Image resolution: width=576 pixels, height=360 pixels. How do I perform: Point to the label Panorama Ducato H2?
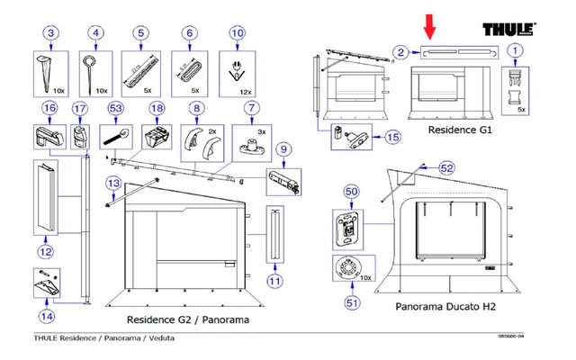pyautogui.click(x=445, y=307)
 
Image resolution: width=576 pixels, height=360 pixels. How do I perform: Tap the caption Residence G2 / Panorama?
pyautogui.click(x=187, y=319)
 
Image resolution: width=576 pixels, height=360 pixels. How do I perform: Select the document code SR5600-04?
pyautogui.click(x=513, y=338)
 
